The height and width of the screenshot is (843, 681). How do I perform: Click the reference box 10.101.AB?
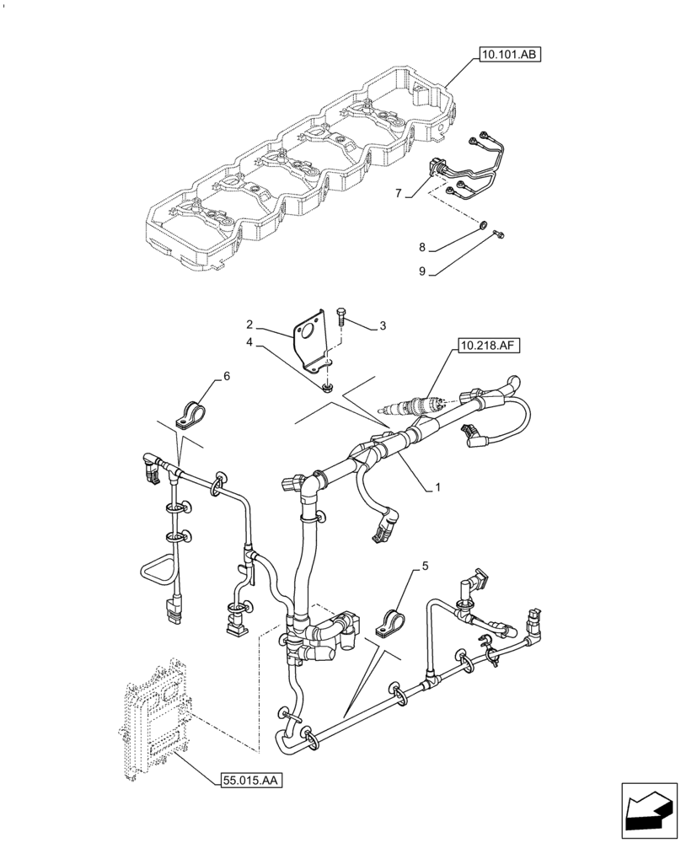pyautogui.click(x=509, y=55)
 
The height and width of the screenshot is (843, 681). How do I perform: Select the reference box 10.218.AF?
pyautogui.click(x=489, y=345)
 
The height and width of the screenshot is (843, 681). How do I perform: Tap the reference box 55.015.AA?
pyautogui.click(x=249, y=781)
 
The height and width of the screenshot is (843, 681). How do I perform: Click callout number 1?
pyautogui.click(x=438, y=488)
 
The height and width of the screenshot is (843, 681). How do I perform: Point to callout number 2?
pyautogui.click(x=249, y=325)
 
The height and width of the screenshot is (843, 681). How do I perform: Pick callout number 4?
pyautogui.click(x=249, y=342)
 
